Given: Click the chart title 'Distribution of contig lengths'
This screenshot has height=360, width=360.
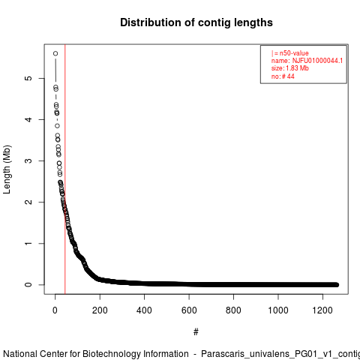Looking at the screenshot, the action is (196, 22).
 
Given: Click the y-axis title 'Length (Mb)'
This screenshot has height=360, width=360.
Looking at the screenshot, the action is (7, 169).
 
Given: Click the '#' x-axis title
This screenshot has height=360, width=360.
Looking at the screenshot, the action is (196, 332).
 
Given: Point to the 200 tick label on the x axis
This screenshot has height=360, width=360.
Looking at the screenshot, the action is (100, 310).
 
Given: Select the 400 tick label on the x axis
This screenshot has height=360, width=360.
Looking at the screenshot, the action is (144, 310).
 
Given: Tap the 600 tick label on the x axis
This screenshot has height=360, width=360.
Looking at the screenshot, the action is (189, 310).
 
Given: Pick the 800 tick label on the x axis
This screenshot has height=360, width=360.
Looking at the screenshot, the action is (233, 310).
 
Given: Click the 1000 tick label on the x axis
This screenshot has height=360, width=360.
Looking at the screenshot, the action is (278, 310).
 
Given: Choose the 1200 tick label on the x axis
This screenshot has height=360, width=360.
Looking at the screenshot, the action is (322, 310).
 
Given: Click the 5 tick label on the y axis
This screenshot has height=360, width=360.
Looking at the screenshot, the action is (28, 78).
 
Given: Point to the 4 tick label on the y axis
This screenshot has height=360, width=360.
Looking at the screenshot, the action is (28, 119).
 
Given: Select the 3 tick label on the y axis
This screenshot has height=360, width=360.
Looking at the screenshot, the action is (28, 160).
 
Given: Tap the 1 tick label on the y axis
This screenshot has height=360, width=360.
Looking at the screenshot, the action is (28, 243).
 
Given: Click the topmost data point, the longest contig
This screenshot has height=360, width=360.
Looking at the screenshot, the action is (55, 53).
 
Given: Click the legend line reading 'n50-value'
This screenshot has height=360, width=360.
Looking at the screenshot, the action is (290, 53).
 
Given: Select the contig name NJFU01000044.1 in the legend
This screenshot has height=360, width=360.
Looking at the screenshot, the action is (317, 61).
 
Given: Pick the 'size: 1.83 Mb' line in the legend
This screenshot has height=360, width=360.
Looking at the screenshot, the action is (290, 68).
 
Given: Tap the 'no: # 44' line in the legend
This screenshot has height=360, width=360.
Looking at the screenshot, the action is (283, 76).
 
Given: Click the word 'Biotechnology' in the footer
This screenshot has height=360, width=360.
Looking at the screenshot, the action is (136, 354).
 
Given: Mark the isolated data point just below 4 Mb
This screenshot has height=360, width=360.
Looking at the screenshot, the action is (58, 126).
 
